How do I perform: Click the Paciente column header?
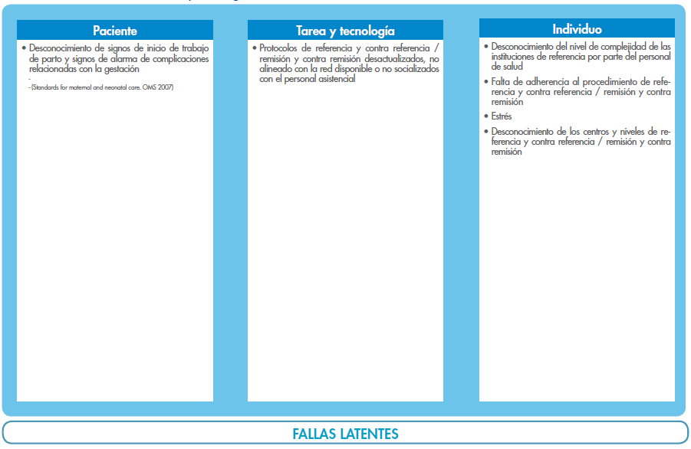coord(115,31)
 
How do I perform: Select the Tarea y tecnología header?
coord(345,31)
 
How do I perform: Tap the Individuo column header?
coord(577,28)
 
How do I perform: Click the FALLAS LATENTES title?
coord(345,434)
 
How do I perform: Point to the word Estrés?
coord(502,116)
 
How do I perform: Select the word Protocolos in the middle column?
coord(277,48)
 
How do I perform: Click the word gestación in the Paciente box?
coord(122,69)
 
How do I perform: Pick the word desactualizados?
coord(388,58)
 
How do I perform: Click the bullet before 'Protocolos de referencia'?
coord(254,48)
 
